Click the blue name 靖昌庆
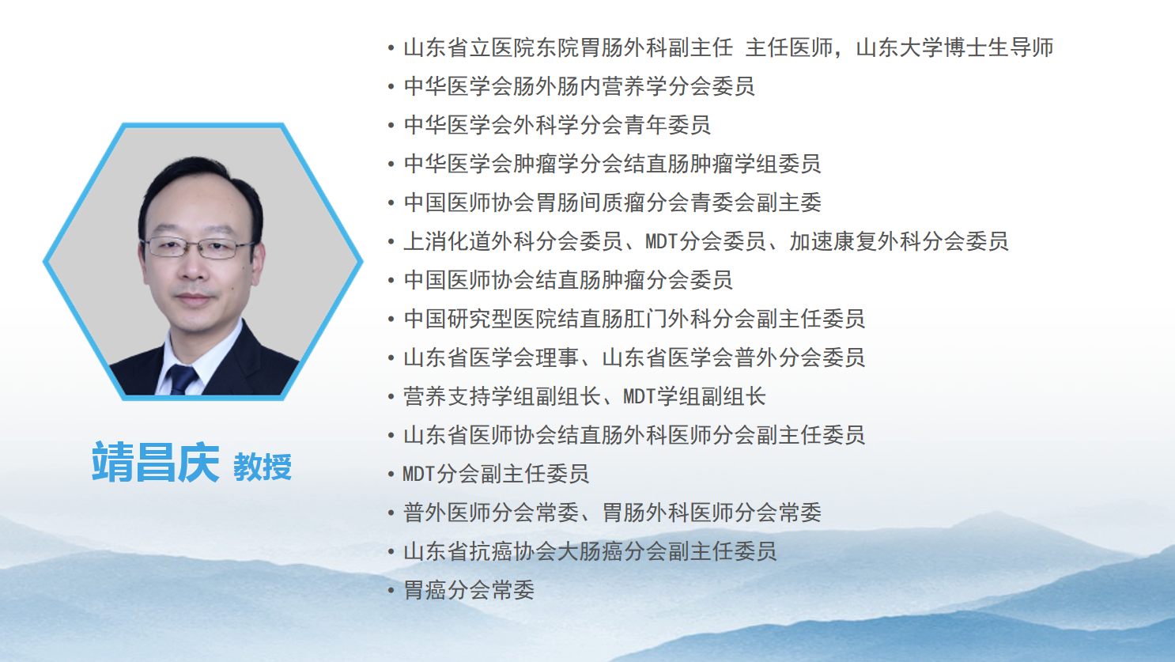click(x=156, y=462)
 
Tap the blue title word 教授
click(x=263, y=467)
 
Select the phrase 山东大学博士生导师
click(x=954, y=47)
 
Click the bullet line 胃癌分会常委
click(x=469, y=590)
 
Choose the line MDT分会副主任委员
click(x=496, y=474)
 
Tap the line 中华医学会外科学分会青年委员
click(x=557, y=125)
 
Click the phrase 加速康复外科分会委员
click(x=899, y=241)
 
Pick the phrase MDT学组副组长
click(x=694, y=396)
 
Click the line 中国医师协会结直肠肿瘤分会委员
click(x=568, y=280)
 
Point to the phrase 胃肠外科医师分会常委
click(x=712, y=513)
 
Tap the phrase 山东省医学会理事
click(x=491, y=357)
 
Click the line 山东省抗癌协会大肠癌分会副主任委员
click(x=590, y=551)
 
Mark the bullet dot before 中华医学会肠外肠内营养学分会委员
click(x=391, y=86)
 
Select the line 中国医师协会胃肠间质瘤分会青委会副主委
click(x=612, y=202)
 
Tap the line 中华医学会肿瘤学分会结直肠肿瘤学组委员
click(x=612, y=164)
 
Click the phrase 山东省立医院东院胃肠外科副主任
click(x=568, y=47)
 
